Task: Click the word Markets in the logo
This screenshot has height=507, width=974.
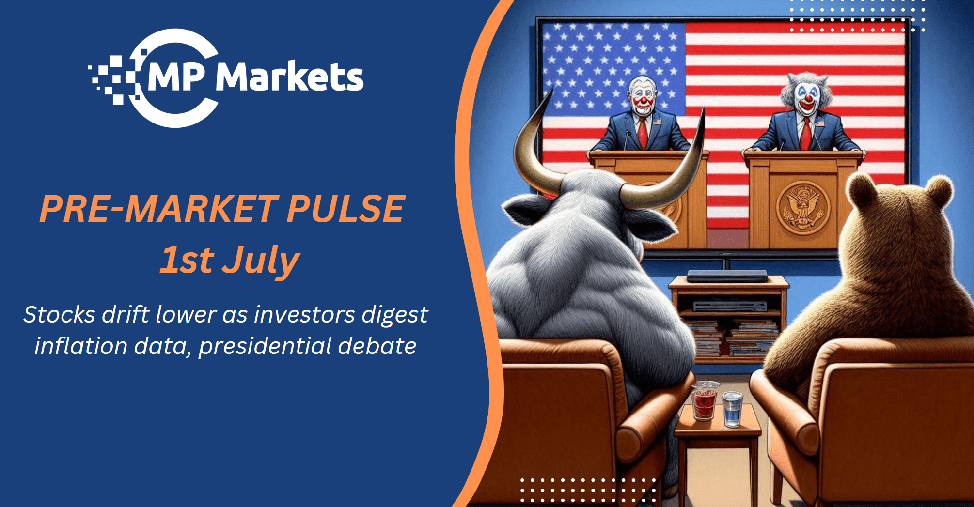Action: point(289,77)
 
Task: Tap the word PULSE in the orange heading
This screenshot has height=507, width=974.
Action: point(346,209)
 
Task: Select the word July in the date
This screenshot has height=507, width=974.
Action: point(262,261)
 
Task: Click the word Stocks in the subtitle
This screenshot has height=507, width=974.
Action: point(59,315)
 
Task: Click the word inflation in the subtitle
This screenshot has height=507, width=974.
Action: point(81,346)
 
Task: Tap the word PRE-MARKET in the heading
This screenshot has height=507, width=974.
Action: point(159,209)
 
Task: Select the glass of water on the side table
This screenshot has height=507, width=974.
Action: point(732,409)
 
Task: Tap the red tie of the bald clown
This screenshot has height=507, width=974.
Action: point(643,133)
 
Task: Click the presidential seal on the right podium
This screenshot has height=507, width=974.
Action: point(802,208)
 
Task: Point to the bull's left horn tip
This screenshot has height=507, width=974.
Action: point(552,89)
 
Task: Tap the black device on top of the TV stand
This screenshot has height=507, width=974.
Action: point(727,276)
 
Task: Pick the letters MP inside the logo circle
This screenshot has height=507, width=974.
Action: point(175,77)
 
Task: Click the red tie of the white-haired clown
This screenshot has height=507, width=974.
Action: point(805,134)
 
